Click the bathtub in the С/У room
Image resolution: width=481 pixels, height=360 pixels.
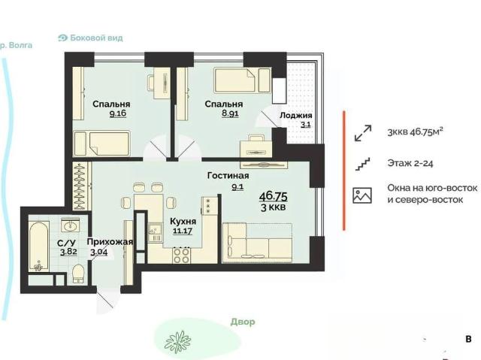39,247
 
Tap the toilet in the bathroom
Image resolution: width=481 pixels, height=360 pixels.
78,274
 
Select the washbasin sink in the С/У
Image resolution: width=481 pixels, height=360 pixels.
70,225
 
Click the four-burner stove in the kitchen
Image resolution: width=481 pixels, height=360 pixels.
181,256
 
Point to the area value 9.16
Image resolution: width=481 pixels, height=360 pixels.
118,113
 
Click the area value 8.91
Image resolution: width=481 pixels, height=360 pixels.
230,113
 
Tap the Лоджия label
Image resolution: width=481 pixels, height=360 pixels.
295,116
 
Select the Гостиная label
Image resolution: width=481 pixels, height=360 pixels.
228,176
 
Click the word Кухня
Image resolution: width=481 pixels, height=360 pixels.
183,221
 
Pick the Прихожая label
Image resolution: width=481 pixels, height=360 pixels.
110,242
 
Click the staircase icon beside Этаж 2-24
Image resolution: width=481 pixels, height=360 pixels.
362,164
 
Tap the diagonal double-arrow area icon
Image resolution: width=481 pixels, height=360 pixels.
363,133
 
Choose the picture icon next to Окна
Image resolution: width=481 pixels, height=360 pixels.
362,195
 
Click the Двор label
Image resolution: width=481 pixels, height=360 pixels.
243,322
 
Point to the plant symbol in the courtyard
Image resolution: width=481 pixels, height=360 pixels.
178,341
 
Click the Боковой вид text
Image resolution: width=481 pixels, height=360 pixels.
96,38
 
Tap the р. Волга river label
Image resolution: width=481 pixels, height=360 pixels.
16,45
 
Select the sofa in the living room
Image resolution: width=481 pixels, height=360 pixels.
257,243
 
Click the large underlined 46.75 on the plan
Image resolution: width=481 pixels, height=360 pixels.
274,195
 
